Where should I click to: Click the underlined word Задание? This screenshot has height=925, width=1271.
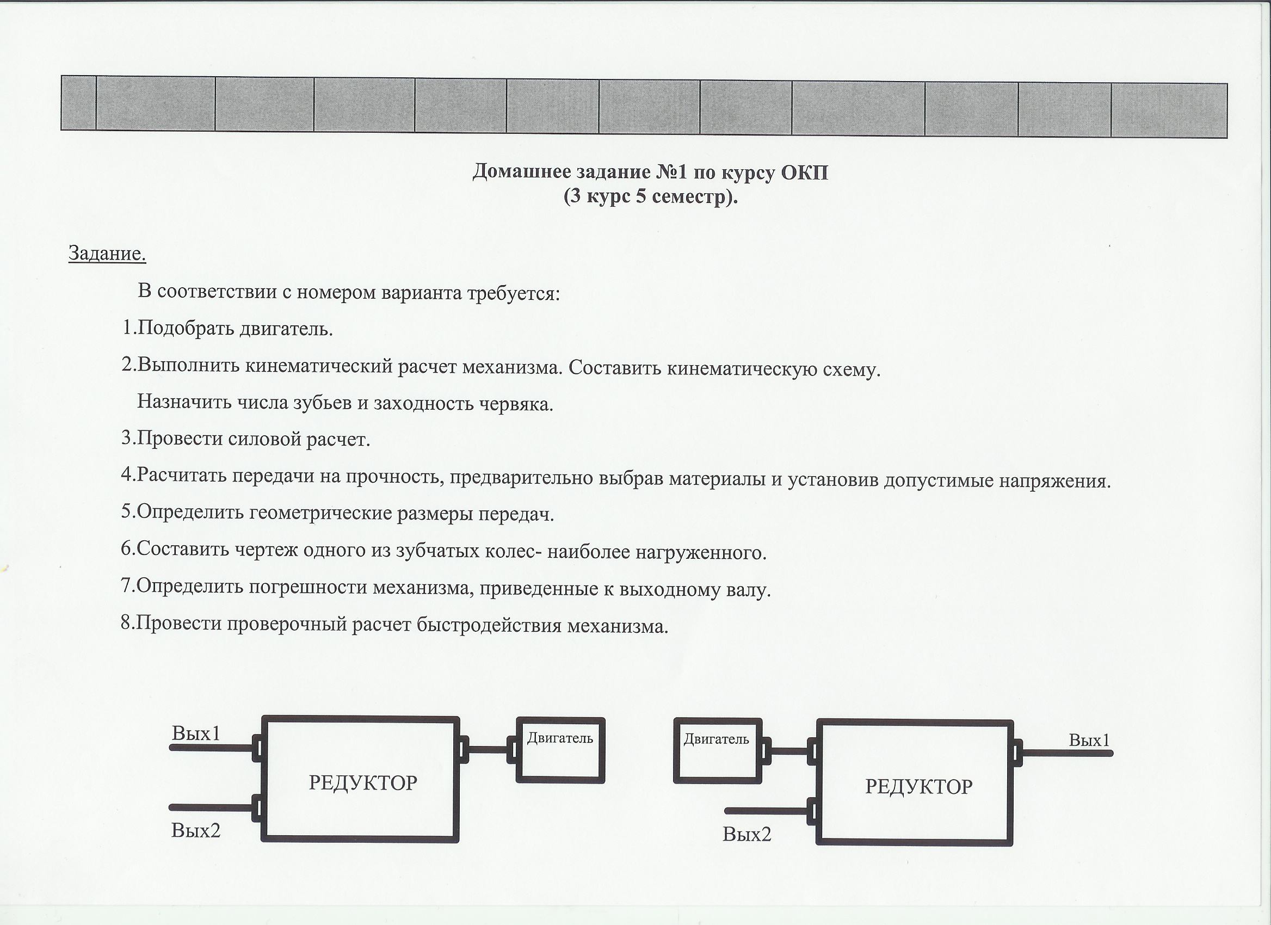click(107, 254)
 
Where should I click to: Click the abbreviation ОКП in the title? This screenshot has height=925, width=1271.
click(804, 172)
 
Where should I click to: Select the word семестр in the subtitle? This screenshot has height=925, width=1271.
click(689, 197)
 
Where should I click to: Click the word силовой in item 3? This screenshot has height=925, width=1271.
click(265, 439)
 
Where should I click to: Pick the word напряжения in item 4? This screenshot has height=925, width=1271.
click(1053, 480)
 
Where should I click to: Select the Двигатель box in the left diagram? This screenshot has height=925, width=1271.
click(560, 750)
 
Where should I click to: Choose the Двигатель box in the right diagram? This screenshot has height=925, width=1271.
click(717, 751)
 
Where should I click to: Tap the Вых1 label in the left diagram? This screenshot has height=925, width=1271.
click(196, 733)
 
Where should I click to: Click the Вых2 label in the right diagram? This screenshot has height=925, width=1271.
click(746, 835)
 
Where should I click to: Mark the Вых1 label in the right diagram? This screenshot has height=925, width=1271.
click(1089, 741)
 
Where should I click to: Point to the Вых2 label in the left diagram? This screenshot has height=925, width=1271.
click(195, 830)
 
